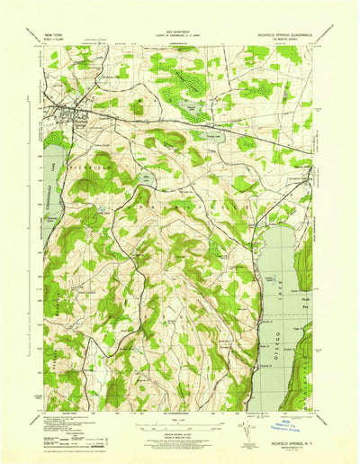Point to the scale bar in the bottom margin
[x=180, y=421]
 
